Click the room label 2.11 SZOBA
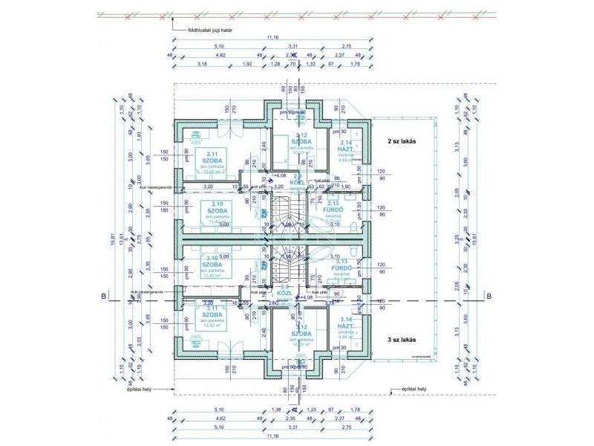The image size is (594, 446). [212, 158]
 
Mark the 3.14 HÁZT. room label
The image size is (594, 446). [345, 323]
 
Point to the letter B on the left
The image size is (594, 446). [102, 296]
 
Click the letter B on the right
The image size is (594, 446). [489, 296]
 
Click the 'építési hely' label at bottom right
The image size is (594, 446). [413, 389]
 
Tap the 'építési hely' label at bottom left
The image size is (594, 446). [138, 389]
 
